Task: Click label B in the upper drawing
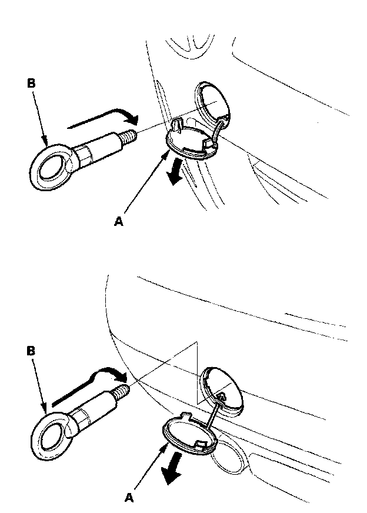31,84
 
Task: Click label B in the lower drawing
31,351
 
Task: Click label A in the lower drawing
131,496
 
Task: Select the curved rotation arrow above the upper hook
103,118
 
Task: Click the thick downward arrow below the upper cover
174,175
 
